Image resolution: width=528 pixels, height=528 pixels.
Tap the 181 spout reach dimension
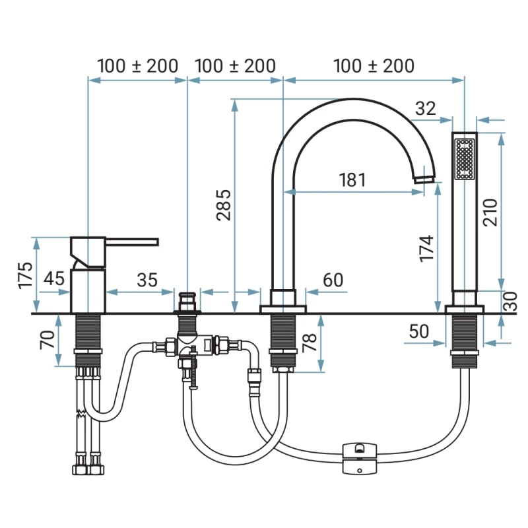coord(352,180)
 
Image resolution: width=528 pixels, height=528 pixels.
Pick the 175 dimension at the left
coord(25,275)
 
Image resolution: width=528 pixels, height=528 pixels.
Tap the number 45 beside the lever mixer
coord(54,279)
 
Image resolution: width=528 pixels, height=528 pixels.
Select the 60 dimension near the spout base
coord(333,279)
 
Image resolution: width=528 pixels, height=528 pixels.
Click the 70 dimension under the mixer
coord(46,341)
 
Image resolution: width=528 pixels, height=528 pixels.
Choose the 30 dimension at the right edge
coord(509,302)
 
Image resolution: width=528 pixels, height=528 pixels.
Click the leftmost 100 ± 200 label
coord(137,66)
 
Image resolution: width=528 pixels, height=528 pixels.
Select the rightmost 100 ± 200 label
coord(374,66)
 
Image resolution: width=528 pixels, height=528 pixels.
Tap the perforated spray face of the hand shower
coord(465,158)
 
